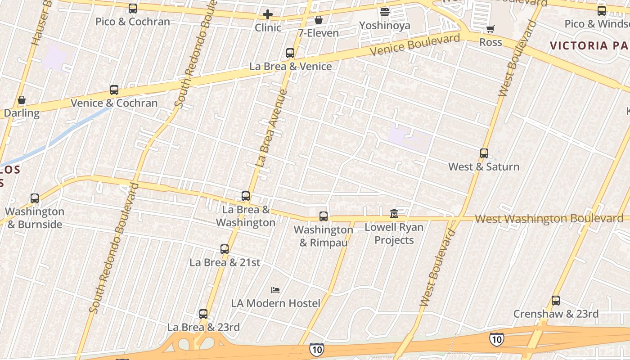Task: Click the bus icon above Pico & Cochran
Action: point(132,9)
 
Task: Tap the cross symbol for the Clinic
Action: point(268,14)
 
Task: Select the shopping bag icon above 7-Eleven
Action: point(318,20)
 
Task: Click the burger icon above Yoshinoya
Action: point(384,12)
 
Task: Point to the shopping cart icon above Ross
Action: point(490,29)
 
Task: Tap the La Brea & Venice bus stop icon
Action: point(290,53)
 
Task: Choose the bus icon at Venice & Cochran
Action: point(114,90)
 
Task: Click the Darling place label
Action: point(22,112)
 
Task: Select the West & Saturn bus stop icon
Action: point(484,153)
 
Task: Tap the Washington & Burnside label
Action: point(35,218)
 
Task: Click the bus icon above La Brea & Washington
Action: point(246,196)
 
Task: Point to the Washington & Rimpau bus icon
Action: point(324,216)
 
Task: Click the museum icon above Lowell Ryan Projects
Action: point(394,213)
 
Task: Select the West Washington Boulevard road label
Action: point(549,219)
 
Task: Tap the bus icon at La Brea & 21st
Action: point(225,249)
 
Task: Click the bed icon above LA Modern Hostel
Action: point(275,290)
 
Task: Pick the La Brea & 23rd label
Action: point(203,327)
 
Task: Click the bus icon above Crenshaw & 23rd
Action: point(556,301)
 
